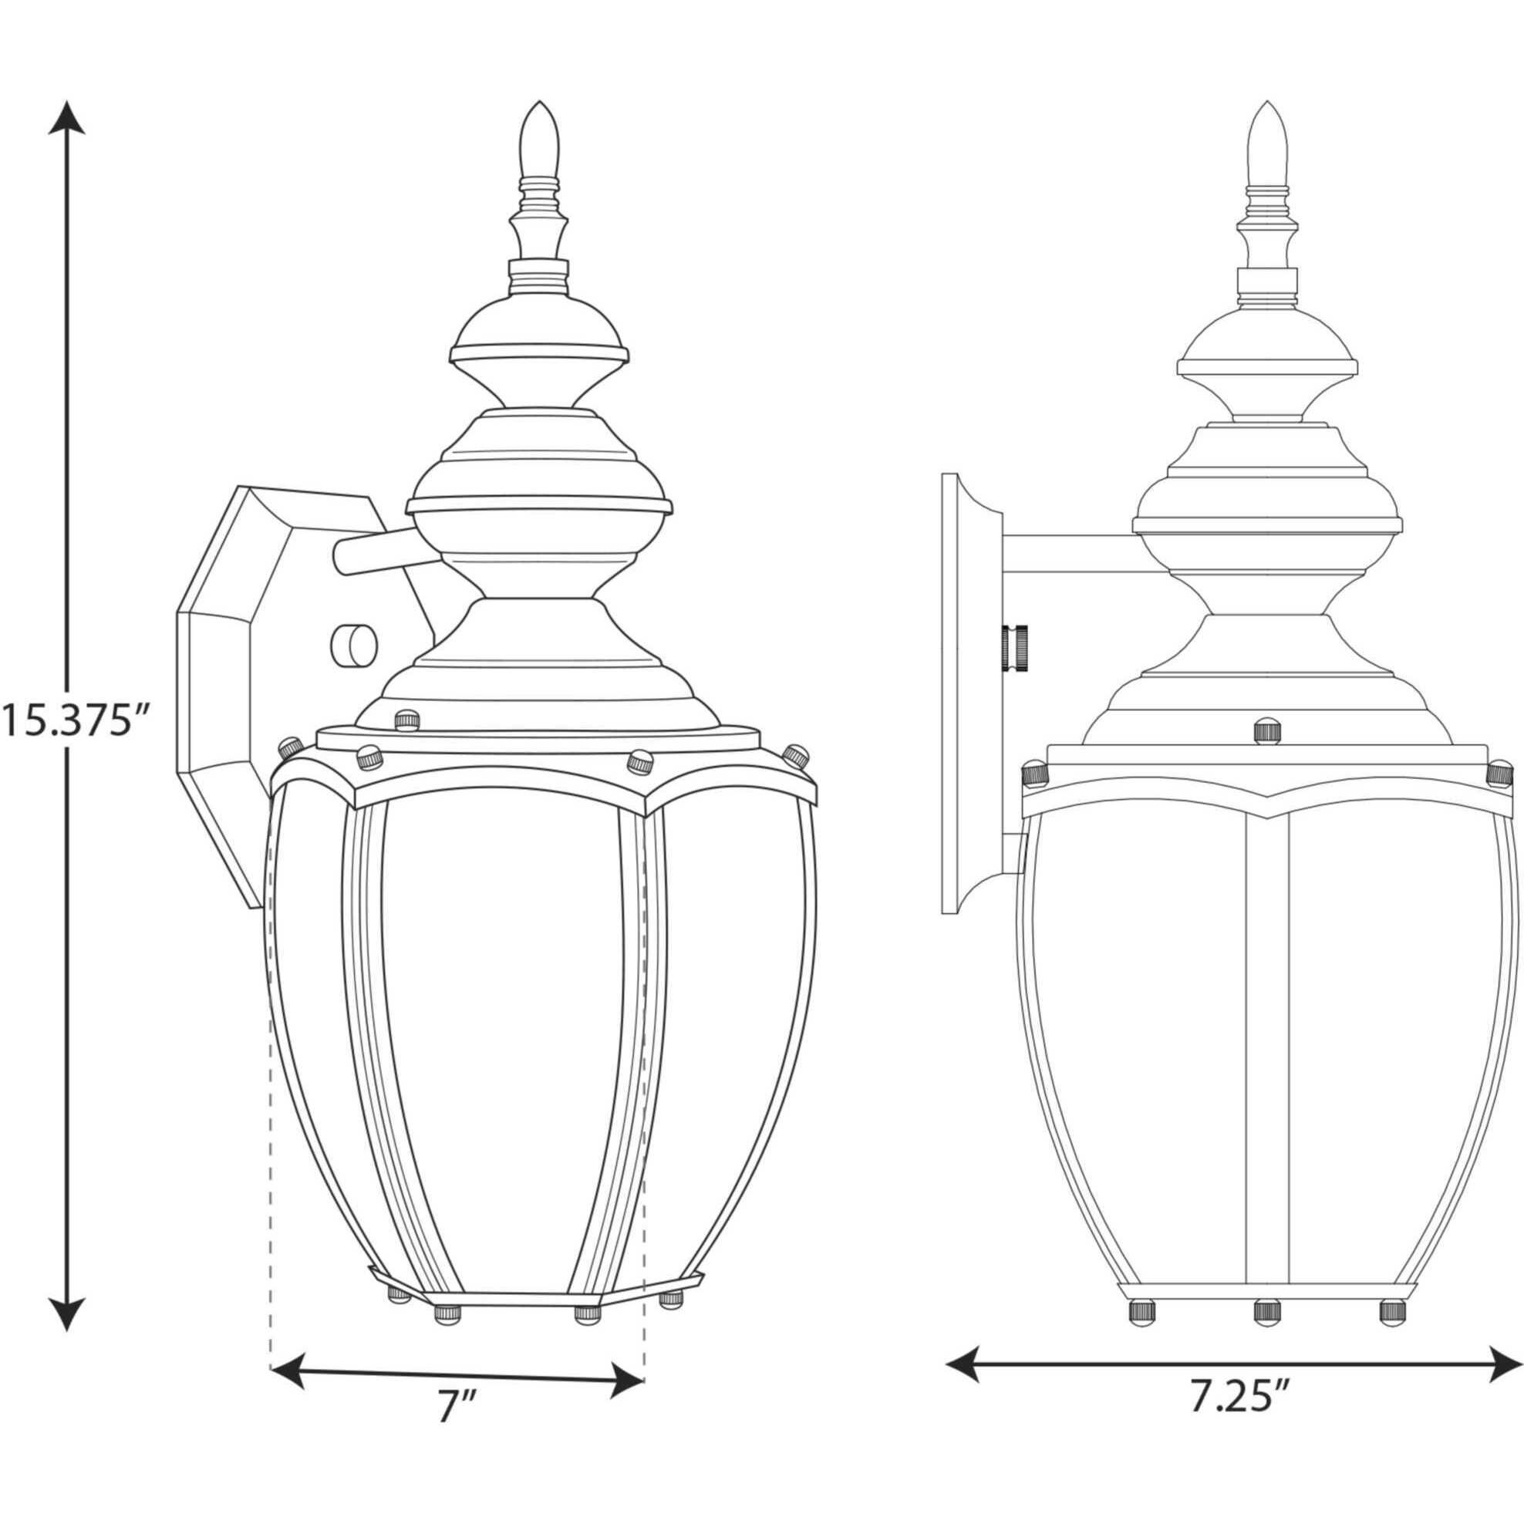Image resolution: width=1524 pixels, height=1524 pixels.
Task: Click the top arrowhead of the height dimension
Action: tap(69, 116)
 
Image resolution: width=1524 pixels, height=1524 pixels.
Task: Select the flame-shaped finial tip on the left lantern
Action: tap(540, 142)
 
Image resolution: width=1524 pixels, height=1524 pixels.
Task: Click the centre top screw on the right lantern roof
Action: tap(1267, 729)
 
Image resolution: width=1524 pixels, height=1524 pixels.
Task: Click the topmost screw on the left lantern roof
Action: tap(406, 719)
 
